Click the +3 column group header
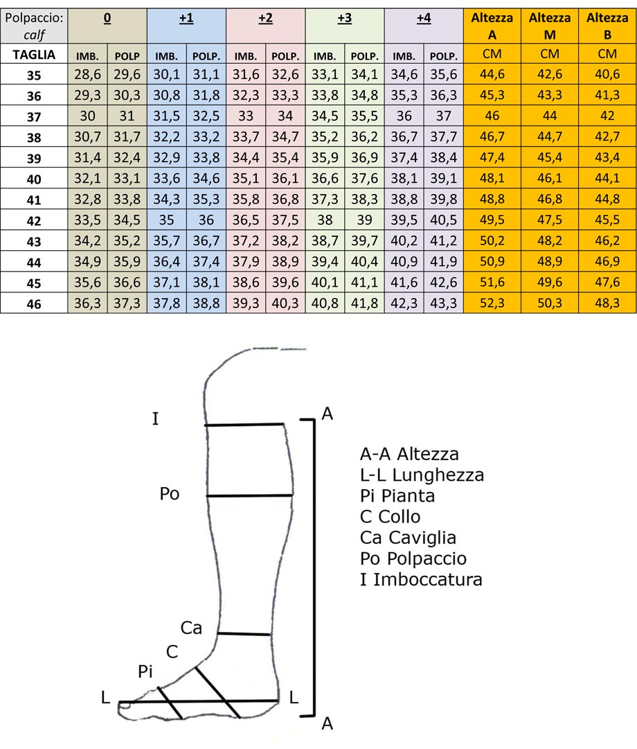point(345,20)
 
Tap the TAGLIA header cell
point(34,53)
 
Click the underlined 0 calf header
point(107,20)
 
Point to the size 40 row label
point(34,179)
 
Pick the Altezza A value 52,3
point(491,303)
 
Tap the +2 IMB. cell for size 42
point(246,220)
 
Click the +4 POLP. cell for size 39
point(443,159)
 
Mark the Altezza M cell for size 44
point(549,262)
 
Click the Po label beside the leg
point(169,494)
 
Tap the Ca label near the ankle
point(191,628)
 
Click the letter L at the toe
point(105,698)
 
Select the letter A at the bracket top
point(328,414)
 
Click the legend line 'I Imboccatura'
point(421,579)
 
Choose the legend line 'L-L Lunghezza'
point(422,475)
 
